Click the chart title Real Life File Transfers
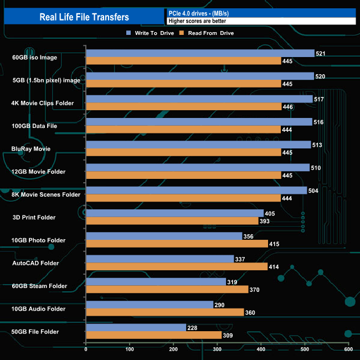tap(84, 17)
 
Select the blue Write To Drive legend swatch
tap(129, 33)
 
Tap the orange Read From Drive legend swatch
tap(181, 33)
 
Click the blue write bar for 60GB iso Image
tap(200, 53)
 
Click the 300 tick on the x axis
tap(217, 349)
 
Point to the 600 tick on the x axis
tap(348, 349)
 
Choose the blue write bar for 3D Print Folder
tap(174, 213)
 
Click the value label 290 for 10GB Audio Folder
tap(220, 305)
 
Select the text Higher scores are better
tap(197, 21)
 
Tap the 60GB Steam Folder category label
tap(39, 286)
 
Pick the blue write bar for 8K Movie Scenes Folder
tap(196, 191)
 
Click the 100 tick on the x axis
tap(130, 349)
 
